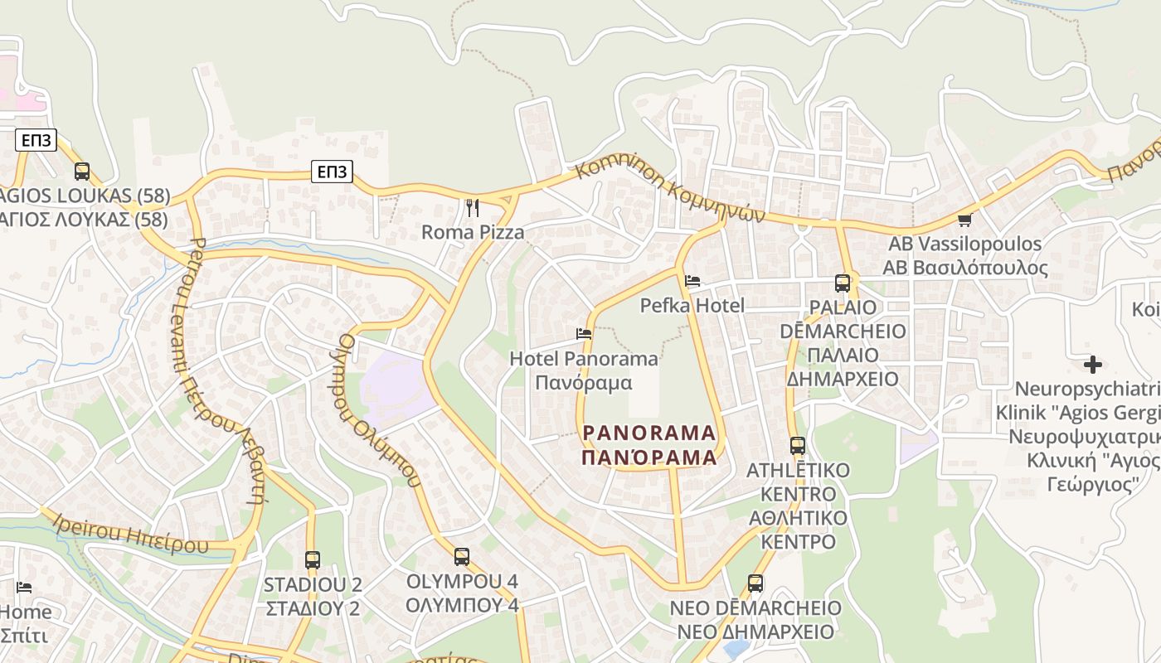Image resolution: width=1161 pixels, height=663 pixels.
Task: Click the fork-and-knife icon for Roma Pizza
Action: (x=473, y=208)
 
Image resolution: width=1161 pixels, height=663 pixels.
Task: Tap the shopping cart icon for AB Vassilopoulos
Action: (x=964, y=220)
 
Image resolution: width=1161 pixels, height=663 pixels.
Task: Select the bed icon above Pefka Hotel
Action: (x=692, y=281)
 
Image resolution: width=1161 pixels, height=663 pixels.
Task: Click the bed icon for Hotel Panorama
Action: (x=584, y=334)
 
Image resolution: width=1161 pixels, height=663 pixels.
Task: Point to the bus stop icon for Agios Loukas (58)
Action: (x=81, y=172)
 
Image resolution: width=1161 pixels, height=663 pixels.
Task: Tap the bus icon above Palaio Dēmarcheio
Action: (x=843, y=283)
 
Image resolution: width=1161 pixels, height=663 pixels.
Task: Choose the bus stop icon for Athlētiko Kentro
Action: (x=798, y=446)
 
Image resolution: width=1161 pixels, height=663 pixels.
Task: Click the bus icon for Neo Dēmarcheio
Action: (x=755, y=583)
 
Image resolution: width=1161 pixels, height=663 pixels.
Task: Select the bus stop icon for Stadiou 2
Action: (x=313, y=560)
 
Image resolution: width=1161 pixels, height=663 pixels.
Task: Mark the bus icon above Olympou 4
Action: (x=462, y=557)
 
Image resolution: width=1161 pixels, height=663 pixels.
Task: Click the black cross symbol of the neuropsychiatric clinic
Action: (x=1093, y=364)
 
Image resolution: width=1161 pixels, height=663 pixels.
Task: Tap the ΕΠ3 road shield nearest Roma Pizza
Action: (x=333, y=172)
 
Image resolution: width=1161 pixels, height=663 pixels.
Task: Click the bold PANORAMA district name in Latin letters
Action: (x=649, y=433)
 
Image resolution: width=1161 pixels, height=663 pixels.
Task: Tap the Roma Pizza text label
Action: (x=473, y=232)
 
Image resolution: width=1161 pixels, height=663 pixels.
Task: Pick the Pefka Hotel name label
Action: (x=692, y=306)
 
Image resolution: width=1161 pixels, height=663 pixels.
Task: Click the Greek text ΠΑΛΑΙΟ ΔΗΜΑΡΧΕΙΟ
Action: (x=843, y=367)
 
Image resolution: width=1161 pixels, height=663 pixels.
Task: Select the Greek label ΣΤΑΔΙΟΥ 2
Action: (x=313, y=608)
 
